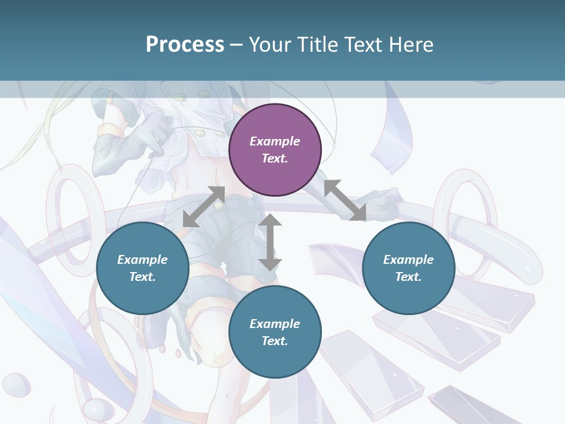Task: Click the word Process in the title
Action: [x=185, y=45]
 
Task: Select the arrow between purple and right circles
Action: [x=345, y=200]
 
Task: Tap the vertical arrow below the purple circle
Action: [x=270, y=242]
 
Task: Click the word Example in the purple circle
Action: [x=275, y=141]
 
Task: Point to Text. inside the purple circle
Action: [x=275, y=158]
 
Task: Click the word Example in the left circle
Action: [x=142, y=260]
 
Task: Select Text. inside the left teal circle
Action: [x=142, y=277]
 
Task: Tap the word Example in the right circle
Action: [x=408, y=260]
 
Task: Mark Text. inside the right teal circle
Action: [x=408, y=277]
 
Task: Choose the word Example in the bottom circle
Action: [x=275, y=324]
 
